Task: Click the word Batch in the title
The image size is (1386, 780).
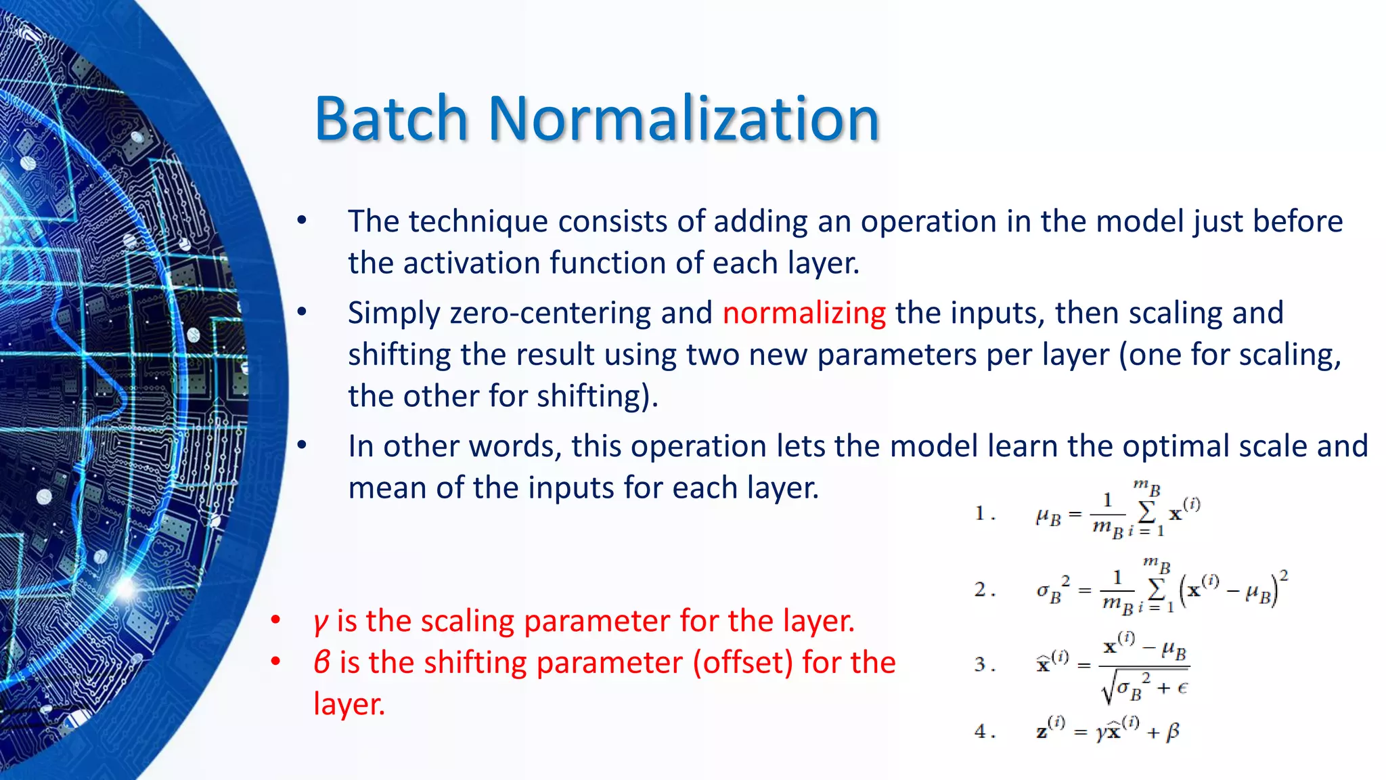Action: tap(391, 118)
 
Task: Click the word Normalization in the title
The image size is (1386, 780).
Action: tap(684, 118)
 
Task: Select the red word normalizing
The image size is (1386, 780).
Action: tap(804, 313)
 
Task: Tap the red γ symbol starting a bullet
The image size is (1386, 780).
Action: tap(320, 621)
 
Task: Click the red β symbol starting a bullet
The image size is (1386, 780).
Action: tap(322, 662)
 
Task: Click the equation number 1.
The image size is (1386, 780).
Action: tap(981, 513)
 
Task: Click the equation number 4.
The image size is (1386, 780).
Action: tap(981, 731)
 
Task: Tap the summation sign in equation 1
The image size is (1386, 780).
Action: tap(1146, 512)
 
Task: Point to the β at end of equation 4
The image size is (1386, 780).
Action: tap(1173, 731)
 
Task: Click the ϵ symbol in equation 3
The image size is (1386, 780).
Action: tap(1182, 688)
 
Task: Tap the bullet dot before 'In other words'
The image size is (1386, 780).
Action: tap(302, 446)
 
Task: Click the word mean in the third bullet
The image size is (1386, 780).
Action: tap(387, 487)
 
